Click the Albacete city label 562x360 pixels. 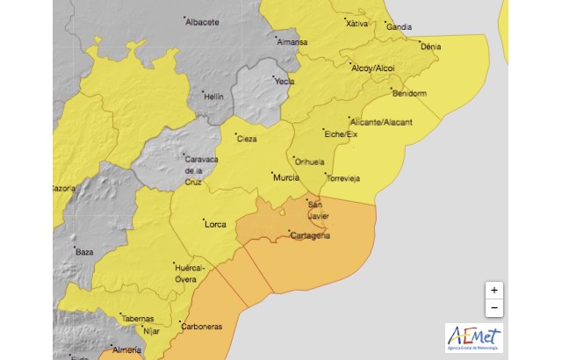pyautogui.click(x=202, y=23)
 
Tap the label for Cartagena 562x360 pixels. pyautogui.click(x=310, y=235)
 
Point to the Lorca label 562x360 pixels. pyautogui.click(x=215, y=224)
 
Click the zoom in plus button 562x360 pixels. pyautogui.click(x=494, y=290)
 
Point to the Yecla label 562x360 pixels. pyautogui.click(x=284, y=81)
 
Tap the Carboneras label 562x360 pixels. pyautogui.click(x=200, y=327)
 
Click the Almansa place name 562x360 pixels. pyautogui.click(x=292, y=42)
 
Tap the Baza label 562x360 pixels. pyautogui.click(x=84, y=252)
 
